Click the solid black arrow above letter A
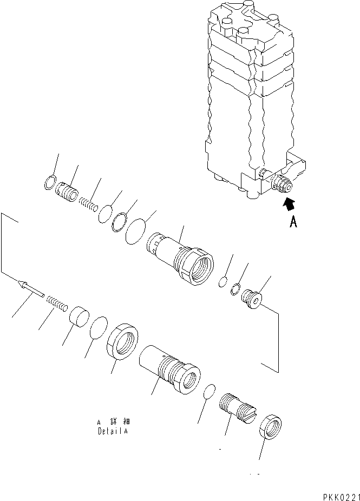(290, 204)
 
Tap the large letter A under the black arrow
(293, 222)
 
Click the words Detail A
(113, 432)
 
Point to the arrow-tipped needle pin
(30, 288)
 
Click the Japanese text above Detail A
(113, 421)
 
